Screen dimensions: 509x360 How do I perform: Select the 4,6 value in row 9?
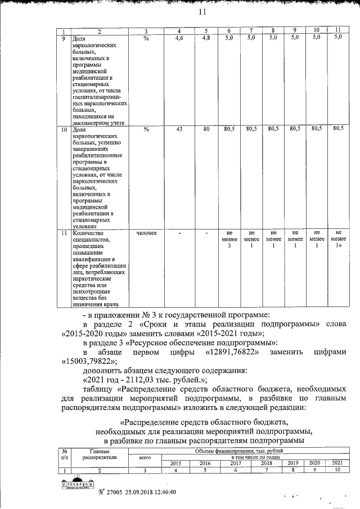click(x=179, y=38)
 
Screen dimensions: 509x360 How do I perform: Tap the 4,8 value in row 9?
click(x=206, y=38)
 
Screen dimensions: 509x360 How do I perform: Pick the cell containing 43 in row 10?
click(x=179, y=129)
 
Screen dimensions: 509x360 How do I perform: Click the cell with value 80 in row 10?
click(x=206, y=129)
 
